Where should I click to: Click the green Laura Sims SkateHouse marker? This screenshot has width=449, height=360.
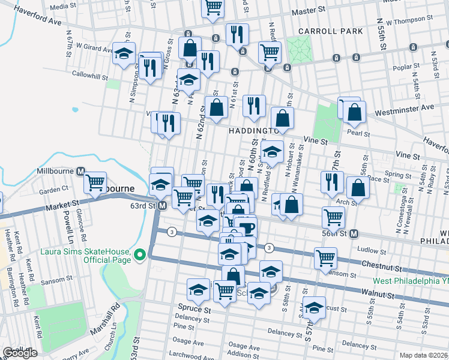(140, 255)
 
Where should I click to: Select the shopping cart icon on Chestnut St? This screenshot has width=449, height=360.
(325, 258)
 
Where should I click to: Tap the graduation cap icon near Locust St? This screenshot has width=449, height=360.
(314, 308)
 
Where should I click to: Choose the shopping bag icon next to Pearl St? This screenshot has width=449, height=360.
(355, 111)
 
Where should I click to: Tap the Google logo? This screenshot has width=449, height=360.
(19, 353)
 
